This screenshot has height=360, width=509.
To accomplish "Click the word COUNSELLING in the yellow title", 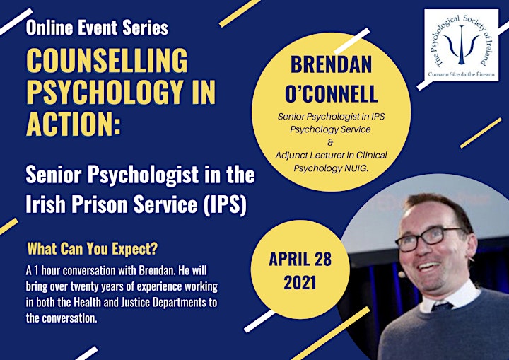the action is (107, 60).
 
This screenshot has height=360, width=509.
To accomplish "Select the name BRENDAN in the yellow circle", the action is (331, 64).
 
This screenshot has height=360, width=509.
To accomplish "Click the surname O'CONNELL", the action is (331, 93).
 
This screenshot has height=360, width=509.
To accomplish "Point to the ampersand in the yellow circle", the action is (330, 142).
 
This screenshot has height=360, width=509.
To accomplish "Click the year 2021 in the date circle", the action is (300, 282).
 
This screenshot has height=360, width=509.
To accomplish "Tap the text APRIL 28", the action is (300, 259).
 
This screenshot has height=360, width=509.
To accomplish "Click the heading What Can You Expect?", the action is (92, 249).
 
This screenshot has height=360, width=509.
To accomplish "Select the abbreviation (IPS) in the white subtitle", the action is (224, 204).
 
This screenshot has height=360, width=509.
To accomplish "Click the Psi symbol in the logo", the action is (461, 45).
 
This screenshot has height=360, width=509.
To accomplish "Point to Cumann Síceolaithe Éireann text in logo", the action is (461, 74).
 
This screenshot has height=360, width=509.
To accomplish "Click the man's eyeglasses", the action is (428, 238).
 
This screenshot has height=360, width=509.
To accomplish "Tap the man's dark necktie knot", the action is (443, 307).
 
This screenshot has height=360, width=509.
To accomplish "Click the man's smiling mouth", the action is (428, 267).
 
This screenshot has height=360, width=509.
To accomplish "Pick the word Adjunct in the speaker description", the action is (291, 156).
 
